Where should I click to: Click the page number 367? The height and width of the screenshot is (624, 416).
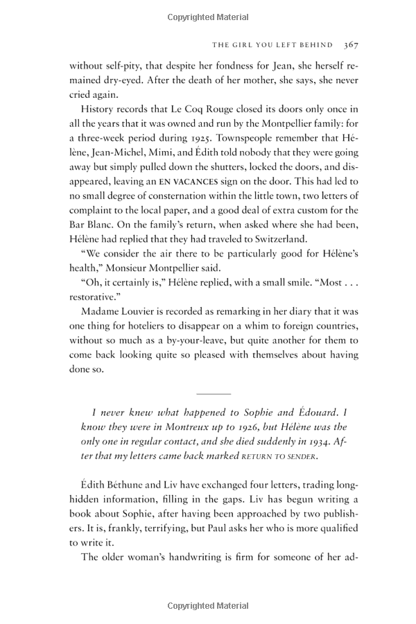tap(350, 44)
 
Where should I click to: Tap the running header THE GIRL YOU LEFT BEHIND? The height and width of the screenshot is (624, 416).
tap(272, 44)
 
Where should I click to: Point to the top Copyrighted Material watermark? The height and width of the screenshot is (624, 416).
tap(208, 17)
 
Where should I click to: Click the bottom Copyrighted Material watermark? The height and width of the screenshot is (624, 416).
tap(208, 606)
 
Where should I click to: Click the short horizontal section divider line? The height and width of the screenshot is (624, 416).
tap(213, 393)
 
